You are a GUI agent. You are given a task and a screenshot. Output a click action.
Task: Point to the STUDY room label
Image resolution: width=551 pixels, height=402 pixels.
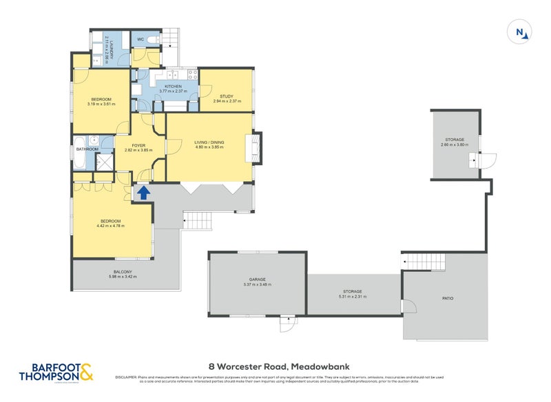[227, 96]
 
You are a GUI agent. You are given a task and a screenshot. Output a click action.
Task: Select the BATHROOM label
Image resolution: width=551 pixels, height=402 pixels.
[87, 149]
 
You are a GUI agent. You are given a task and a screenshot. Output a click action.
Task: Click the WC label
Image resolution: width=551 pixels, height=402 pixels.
[140, 39]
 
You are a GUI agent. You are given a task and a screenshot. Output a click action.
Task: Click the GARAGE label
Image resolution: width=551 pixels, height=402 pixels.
[258, 279]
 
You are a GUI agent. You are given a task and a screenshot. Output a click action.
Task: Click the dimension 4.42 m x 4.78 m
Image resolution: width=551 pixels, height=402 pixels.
[110, 224]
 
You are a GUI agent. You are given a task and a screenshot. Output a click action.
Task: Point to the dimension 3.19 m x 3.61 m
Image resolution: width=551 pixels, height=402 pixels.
[101, 104]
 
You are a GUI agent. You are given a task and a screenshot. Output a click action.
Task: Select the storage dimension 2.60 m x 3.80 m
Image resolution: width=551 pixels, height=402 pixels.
[454, 145]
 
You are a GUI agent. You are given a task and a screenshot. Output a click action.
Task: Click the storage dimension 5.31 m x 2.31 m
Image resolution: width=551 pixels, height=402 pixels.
[352, 297]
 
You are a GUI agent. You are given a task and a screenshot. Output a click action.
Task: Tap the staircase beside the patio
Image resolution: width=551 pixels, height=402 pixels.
[422, 262]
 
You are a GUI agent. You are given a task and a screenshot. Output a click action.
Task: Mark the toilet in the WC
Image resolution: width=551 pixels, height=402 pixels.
[154, 39]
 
